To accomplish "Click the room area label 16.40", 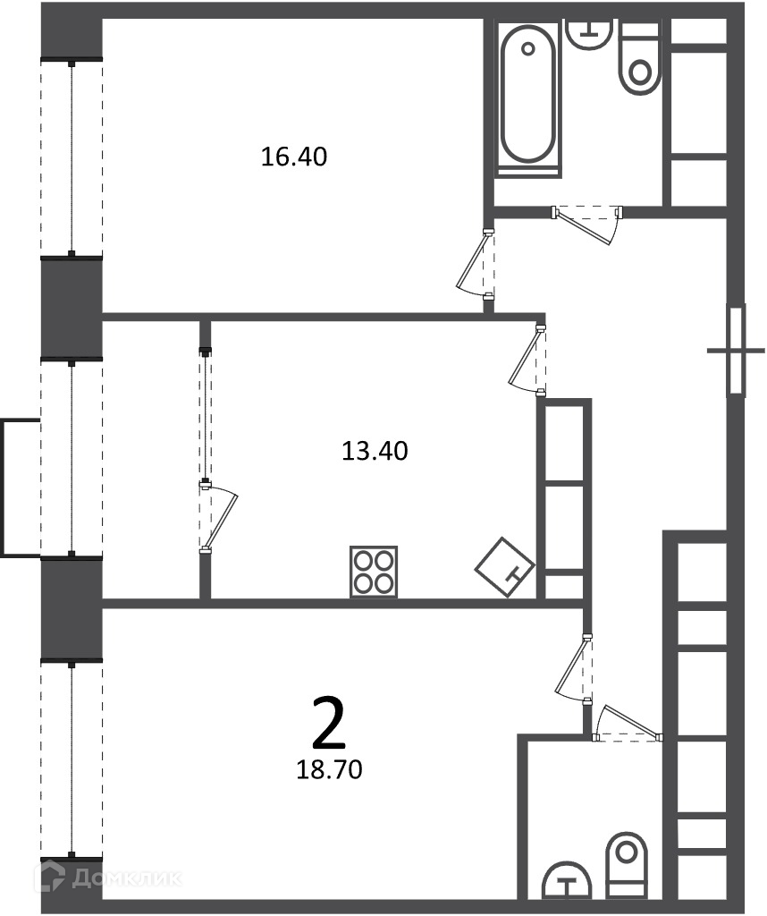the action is (x=293, y=157).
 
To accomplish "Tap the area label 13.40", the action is (x=375, y=451).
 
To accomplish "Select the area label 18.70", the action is (x=329, y=770).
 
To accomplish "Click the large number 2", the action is (x=329, y=723).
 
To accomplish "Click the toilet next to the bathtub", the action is (x=640, y=58).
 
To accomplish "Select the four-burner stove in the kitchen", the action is (x=374, y=572).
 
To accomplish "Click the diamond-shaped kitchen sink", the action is (x=505, y=566).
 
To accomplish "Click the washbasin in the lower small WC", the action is (x=567, y=880).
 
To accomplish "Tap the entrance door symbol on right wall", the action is (x=737, y=351).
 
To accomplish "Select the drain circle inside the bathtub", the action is (x=528, y=49).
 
